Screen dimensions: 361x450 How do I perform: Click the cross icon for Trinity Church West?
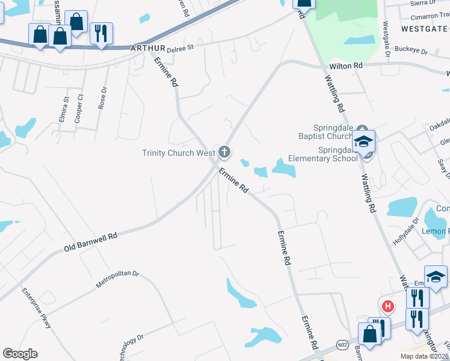224,152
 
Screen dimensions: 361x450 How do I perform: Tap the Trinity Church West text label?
179,153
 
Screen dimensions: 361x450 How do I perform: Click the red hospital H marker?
388,306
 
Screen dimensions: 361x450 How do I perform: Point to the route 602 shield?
342,344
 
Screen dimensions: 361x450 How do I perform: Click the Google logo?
20,354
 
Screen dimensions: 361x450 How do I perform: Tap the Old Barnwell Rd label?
90,241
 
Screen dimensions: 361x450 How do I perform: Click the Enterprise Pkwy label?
37,309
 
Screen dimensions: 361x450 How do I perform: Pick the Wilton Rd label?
346,66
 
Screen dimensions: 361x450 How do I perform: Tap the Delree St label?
180,46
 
